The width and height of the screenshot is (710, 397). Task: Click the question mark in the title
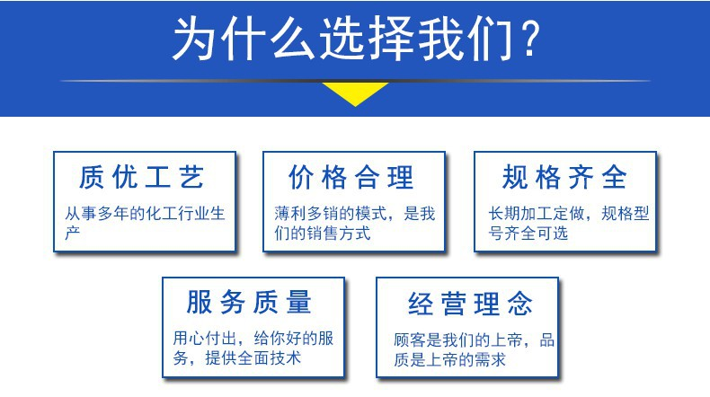530,38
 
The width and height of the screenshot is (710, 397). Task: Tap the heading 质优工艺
141,177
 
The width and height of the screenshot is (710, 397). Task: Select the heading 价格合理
351,177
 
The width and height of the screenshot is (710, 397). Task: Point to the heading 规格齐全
564,177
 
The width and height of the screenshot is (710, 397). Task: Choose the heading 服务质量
249,302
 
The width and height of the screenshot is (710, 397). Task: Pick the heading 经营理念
470,304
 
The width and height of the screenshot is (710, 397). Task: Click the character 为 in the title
195,39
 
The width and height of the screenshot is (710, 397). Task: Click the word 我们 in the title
466,39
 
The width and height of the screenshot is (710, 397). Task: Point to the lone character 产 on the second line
73,234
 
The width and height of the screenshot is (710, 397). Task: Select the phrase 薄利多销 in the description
306,213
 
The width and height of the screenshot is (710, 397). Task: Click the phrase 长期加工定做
537,213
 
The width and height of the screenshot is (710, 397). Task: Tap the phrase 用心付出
205,338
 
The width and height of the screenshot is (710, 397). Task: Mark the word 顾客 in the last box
410,340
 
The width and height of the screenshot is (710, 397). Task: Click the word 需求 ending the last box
491,360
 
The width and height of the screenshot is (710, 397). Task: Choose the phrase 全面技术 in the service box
270,358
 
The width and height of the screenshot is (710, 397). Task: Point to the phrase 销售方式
339,234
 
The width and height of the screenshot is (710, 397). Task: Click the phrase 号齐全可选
528,234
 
